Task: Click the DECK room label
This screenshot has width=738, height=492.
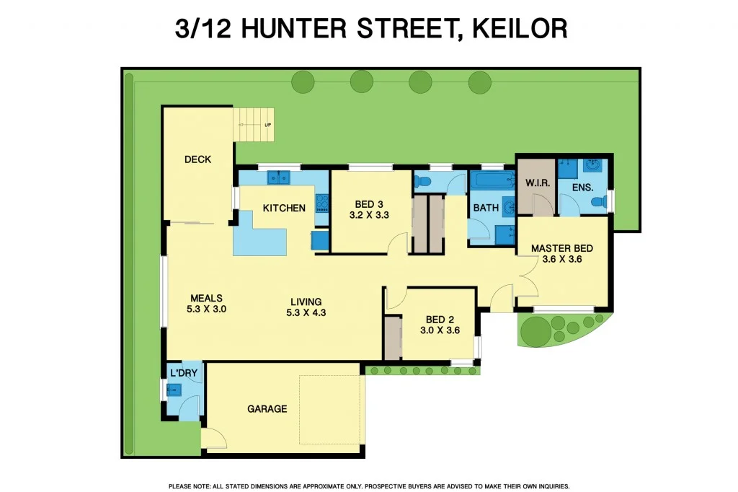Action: [197, 159]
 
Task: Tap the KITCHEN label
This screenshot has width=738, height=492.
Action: [284, 208]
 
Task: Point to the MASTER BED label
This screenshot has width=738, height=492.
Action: [561, 249]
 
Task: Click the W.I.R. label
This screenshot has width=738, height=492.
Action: [537, 184]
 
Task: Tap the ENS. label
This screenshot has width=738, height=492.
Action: [582, 188]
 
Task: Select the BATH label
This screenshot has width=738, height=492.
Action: [486, 208]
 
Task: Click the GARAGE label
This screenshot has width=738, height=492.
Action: [267, 409]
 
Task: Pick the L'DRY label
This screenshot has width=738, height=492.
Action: [183, 373]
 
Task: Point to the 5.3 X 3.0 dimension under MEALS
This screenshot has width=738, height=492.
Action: [206, 309]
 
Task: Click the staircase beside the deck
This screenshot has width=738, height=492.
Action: [254, 124]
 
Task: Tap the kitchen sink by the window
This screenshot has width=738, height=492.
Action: [278, 176]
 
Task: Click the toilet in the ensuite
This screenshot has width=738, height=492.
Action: [597, 204]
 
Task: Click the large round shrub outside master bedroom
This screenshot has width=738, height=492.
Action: [535, 331]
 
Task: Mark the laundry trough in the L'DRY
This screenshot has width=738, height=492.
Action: [174, 390]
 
